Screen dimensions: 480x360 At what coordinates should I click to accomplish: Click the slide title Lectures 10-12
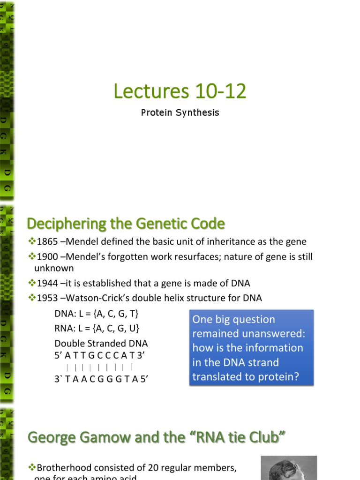(180, 91)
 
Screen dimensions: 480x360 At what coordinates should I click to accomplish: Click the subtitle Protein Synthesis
(180, 113)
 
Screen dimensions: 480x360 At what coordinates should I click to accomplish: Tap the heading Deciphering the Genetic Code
(126, 224)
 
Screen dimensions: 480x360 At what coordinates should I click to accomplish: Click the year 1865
(47, 242)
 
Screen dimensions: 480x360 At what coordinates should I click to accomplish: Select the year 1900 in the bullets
(47, 257)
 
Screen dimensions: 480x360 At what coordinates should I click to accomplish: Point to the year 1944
(47, 283)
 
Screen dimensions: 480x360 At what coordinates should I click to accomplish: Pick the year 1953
(47, 298)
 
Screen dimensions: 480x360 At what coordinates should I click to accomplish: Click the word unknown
(54, 268)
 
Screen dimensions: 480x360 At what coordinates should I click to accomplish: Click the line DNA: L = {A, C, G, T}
(97, 313)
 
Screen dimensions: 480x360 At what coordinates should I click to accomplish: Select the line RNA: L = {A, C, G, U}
(97, 328)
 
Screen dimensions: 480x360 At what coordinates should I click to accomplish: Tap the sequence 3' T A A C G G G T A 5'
(101, 379)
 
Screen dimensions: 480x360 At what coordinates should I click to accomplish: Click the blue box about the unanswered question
(251, 347)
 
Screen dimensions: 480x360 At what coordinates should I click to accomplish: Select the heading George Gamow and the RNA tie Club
(157, 438)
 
